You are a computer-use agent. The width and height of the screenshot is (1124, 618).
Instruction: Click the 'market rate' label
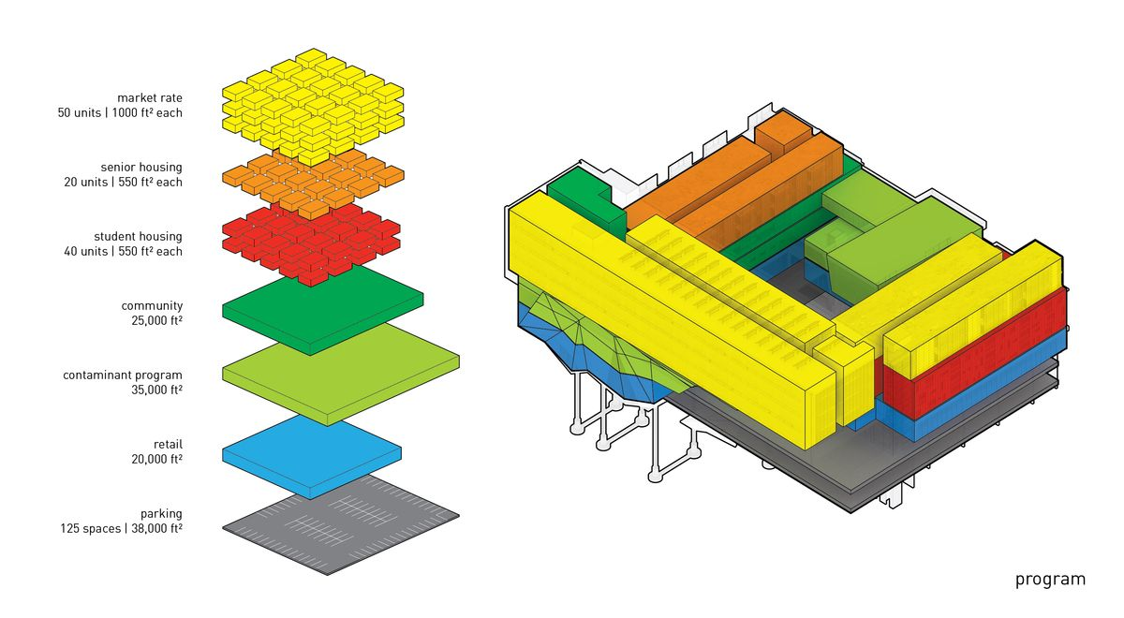150,97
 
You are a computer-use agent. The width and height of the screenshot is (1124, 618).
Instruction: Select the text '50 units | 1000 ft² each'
120,113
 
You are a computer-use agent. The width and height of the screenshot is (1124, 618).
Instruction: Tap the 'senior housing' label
141,168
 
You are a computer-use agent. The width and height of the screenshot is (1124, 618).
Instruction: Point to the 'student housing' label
138,237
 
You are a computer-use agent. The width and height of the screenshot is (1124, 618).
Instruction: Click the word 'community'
152,306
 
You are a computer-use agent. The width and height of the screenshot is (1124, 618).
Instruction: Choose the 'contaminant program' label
123,375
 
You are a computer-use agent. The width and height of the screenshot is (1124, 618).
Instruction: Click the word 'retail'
168,445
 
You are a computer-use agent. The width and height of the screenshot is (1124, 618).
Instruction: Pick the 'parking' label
161,514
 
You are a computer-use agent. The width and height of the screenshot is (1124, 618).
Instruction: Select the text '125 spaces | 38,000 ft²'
122,529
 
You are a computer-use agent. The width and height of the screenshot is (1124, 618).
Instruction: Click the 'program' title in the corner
1050,580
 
